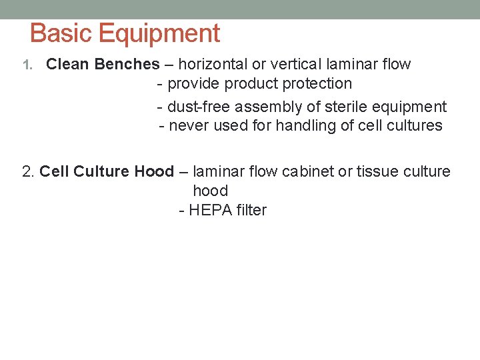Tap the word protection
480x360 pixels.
(317, 84)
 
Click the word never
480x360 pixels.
(189, 125)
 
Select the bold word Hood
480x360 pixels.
(154, 171)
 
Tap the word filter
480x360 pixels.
(251, 211)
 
